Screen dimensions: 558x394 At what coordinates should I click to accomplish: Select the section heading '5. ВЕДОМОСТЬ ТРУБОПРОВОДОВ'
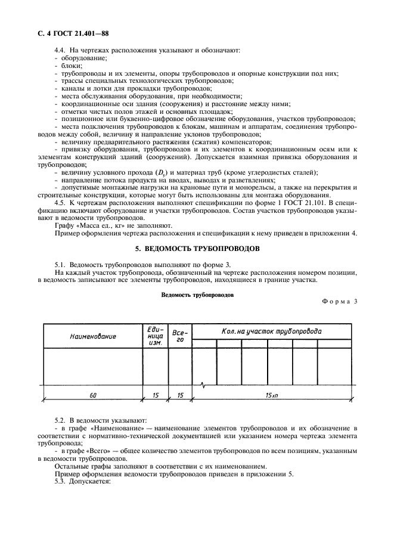[x=196, y=248]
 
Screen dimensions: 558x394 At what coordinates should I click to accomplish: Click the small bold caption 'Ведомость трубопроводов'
[x=197, y=294]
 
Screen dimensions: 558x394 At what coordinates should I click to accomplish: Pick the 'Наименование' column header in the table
[x=93, y=336]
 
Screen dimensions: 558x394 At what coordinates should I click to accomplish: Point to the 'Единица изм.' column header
[x=155, y=336]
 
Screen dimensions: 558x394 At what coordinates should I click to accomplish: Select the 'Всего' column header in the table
[x=180, y=336]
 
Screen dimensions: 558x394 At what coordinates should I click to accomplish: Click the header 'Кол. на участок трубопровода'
[x=271, y=331]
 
